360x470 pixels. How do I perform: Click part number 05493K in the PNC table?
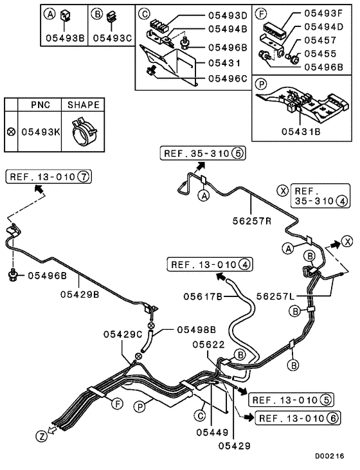tap(40, 131)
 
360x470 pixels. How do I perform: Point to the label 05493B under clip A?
tap(64, 37)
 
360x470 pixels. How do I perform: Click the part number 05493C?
tap(111, 37)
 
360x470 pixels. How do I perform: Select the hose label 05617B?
tap(202, 296)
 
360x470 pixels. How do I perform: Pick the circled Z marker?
tap(41, 436)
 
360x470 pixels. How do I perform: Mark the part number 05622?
tap(207, 345)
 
